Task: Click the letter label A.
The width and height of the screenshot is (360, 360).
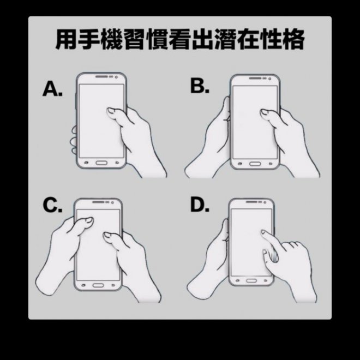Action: coord(52,89)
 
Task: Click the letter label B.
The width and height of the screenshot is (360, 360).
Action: coord(200,86)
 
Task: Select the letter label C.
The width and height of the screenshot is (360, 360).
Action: coord(52,206)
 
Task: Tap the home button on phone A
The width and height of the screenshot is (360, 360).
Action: coord(101,163)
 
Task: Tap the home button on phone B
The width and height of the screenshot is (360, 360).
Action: coord(255,164)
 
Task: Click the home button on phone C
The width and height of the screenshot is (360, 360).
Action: coord(98,285)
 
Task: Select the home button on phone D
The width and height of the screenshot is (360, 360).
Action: coord(251,280)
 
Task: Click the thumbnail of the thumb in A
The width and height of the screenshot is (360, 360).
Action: coord(112,111)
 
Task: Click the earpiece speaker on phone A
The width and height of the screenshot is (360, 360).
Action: coord(101,76)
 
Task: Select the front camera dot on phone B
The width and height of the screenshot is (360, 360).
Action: coord(269,79)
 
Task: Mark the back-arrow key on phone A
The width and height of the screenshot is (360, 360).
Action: coord(117,163)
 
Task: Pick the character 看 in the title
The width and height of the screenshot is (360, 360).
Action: coord(180,39)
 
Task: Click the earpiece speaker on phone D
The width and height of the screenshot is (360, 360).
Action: coord(251,202)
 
